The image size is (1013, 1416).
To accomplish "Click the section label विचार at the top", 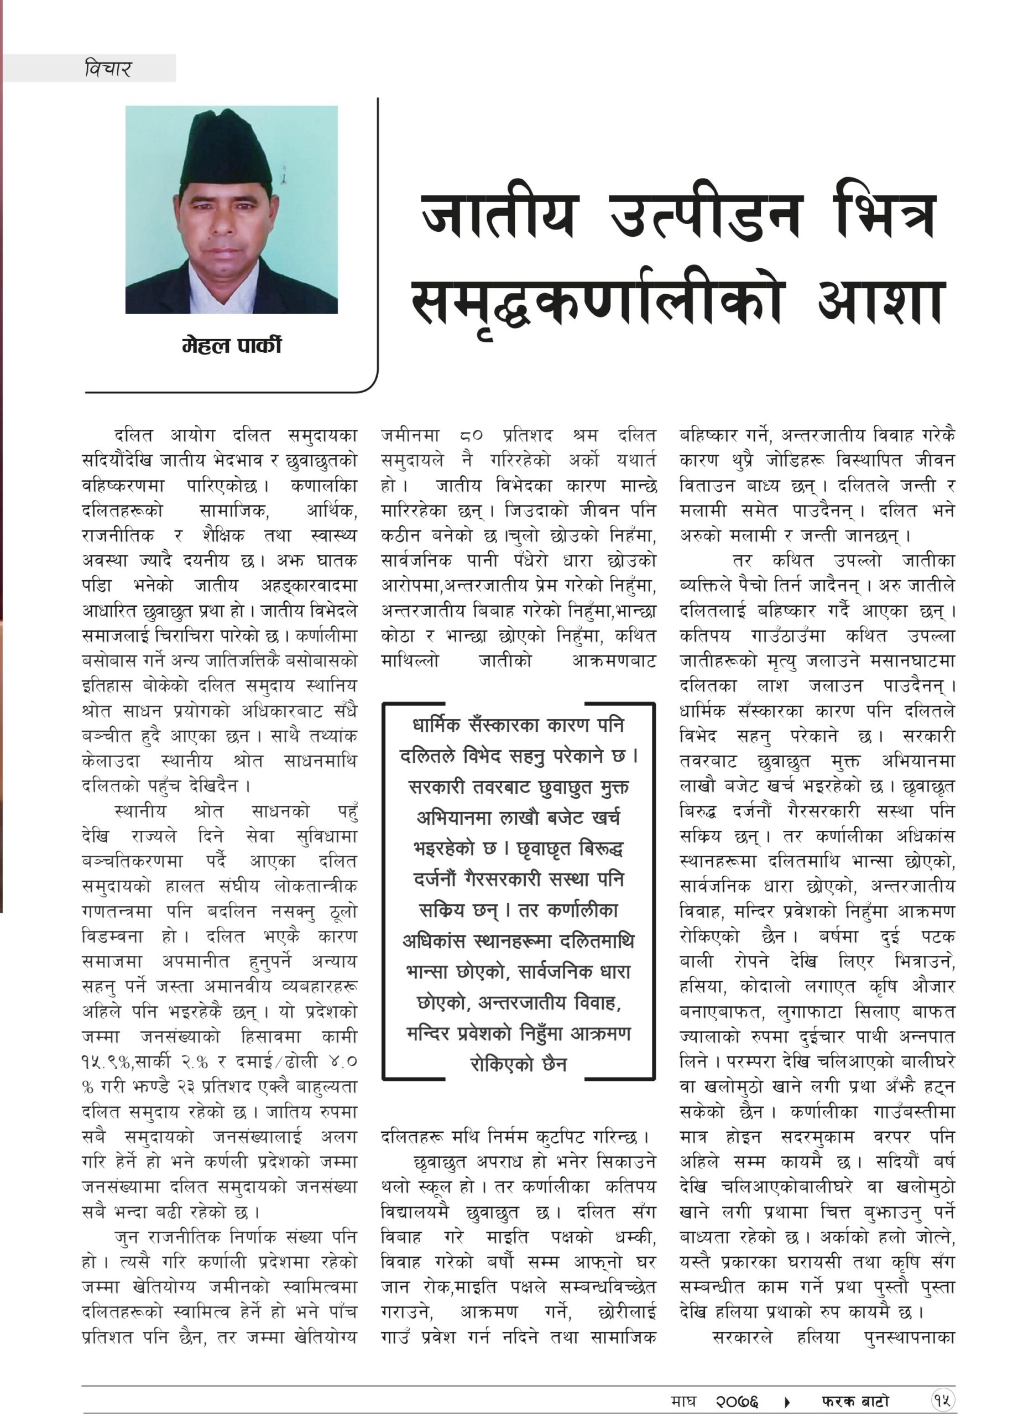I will click(107, 68).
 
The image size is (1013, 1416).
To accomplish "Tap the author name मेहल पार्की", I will click(232, 345).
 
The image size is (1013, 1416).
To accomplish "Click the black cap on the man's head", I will click(226, 147).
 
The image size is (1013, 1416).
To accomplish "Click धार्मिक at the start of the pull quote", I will click(444, 726).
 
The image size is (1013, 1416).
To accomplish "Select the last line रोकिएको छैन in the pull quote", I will click(518, 1064).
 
